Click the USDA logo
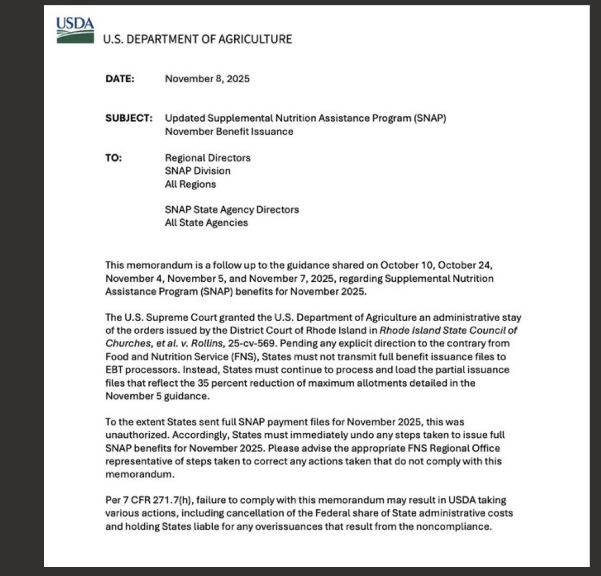(x=75, y=30)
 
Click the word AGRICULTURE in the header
(x=255, y=39)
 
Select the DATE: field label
(x=120, y=79)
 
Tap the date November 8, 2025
(x=207, y=79)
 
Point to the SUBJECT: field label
(x=129, y=118)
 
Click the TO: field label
(x=113, y=158)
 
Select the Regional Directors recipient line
(x=208, y=158)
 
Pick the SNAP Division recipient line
(x=197, y=171)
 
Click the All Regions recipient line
(x=190, y=184)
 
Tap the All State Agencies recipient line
(x=206, y=223)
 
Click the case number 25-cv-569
(x=252, y=343)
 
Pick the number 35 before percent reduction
(x=203, y=383)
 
